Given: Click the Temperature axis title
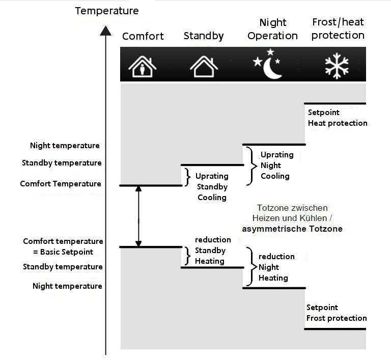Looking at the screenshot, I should click(106, 11).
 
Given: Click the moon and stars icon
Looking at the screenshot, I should click(268, 65).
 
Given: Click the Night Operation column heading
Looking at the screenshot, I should click(273, 29).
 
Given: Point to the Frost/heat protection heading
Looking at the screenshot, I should click(338, 29).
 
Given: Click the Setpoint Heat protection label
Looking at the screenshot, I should click(337, 118).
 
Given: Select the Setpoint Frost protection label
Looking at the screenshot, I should click(336, 313).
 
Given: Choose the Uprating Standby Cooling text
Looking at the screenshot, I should click(212, 186).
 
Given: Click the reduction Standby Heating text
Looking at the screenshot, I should click(212, 250).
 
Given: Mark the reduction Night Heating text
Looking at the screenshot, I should click(276, 267).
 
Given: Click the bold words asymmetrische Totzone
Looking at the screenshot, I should click(292, 229).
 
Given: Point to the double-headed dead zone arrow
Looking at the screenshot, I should click(138, 216).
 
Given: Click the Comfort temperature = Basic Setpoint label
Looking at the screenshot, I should click(63, 246).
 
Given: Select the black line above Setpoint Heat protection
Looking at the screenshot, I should click(335, 104).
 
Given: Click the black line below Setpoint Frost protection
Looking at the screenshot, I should click(335, 329).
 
